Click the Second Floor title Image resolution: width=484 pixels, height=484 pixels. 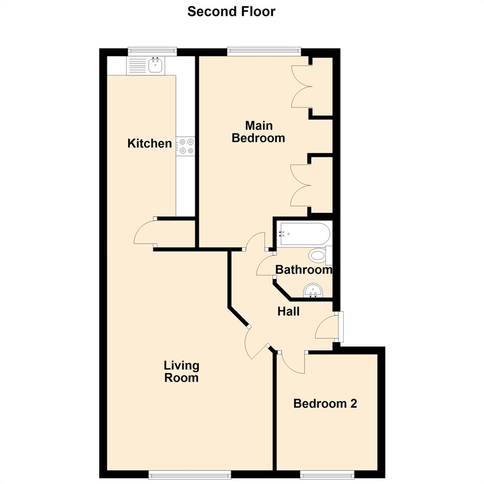coord(231,11)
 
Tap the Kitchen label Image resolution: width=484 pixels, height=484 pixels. coord(150,143)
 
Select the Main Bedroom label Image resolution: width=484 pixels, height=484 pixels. coord(259,131)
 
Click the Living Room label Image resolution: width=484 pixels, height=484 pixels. coord(181,372)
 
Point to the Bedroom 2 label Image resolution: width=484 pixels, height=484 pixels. coord(325,403)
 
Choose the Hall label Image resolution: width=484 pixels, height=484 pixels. coord(288,311)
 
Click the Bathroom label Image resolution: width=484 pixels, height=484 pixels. coord(303,270)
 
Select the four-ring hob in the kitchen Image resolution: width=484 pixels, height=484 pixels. coord(186,146)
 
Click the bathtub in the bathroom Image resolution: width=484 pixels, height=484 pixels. coord(304,234)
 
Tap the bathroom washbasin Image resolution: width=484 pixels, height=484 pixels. coord(313,291)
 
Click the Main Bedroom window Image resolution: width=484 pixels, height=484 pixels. coord(264,51)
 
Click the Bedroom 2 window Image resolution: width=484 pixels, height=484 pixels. coord(327,474)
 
